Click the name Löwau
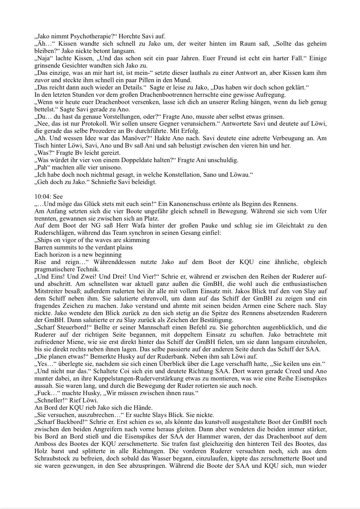(239, 175)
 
